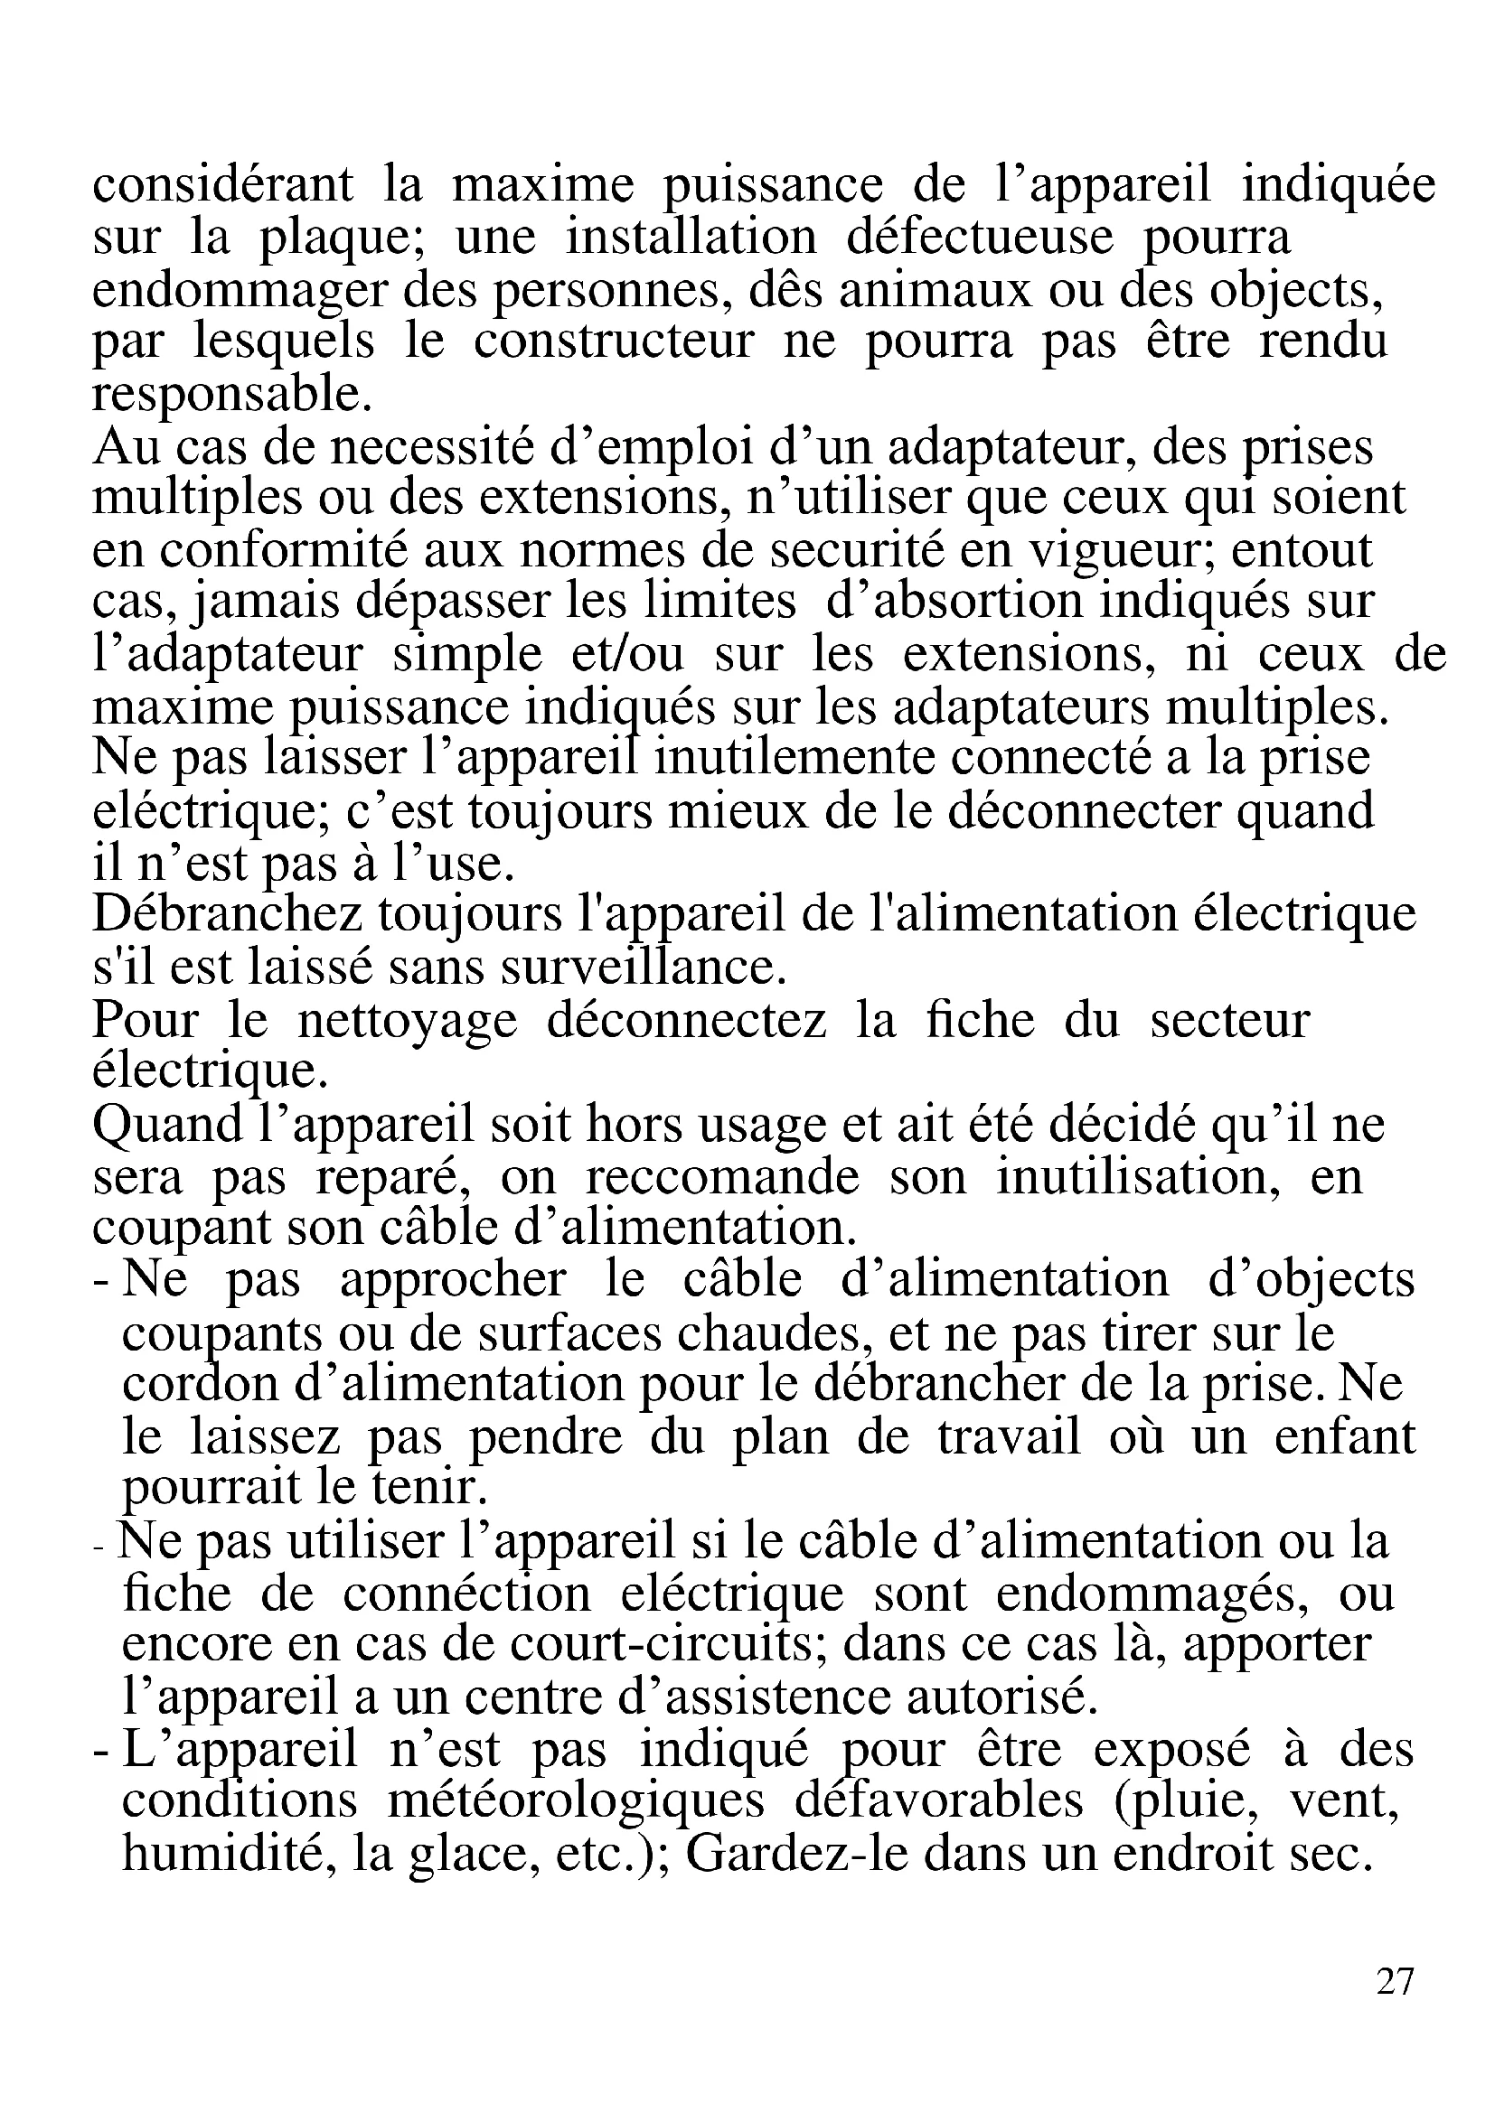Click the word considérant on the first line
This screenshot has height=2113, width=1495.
222,184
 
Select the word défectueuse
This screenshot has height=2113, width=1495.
980,237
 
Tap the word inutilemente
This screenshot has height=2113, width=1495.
797,758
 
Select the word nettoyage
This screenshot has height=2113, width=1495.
407,1020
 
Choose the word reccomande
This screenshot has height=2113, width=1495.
721,1176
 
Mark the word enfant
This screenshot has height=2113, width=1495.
1344,1436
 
